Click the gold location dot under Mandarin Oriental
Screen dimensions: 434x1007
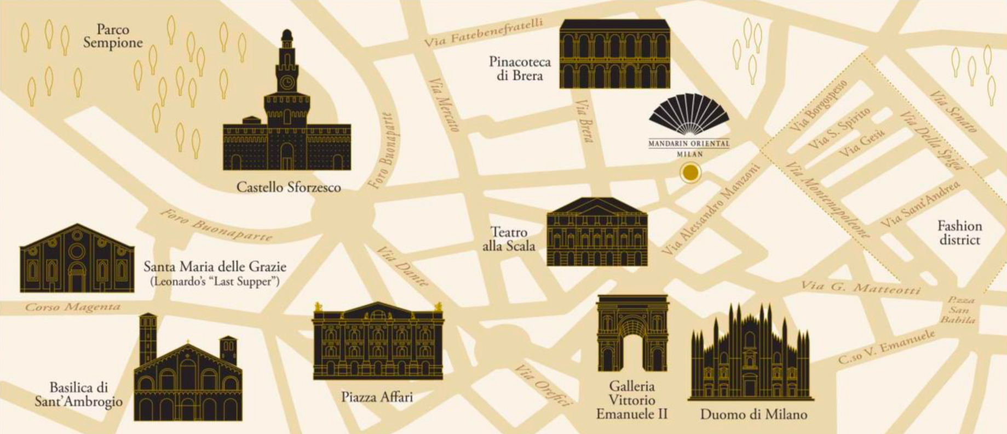[690, 173]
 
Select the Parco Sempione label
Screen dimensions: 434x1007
[113, 36]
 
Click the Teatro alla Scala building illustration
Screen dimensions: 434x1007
[597, 232]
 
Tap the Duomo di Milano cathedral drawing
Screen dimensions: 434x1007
[750, 356]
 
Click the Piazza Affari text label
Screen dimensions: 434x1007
[377, 396]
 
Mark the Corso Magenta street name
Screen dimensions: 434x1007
[73, 307]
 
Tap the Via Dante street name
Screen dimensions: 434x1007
[402, 267]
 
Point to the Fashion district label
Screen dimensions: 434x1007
[959, 233]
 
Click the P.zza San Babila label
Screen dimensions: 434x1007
[960, 310]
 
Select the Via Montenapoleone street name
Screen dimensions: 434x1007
[827, 201]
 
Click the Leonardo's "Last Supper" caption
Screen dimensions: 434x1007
[215, 282]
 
